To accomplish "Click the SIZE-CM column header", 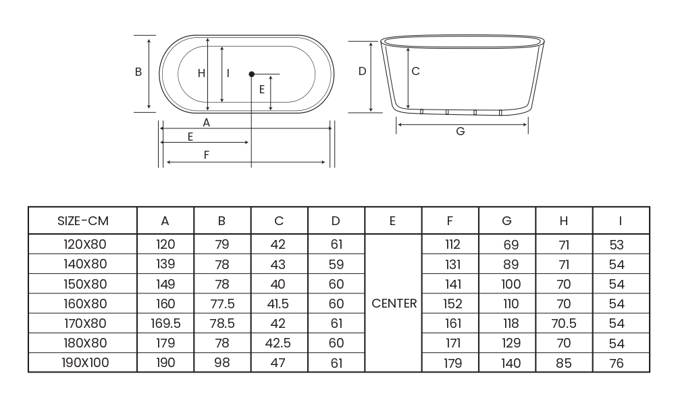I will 82,221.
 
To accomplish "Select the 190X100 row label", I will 85,363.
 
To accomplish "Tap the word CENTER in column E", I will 394,304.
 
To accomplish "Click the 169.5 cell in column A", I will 165,324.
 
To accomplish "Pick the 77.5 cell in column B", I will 222,304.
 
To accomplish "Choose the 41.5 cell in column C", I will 279,304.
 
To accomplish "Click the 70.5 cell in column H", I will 564,324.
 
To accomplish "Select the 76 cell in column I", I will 617,363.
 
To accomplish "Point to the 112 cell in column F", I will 452,245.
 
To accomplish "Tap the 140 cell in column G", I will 511,363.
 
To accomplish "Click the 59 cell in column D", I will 336,264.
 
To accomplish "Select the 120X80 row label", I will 85,245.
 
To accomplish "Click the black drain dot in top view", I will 251,74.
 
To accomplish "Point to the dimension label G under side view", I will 461,132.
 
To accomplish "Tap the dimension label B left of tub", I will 138,72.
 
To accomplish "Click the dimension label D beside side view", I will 362,71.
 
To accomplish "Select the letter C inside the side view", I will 415,71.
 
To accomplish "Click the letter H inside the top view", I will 201,74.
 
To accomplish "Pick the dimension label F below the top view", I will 207,155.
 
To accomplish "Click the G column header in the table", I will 507,221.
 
